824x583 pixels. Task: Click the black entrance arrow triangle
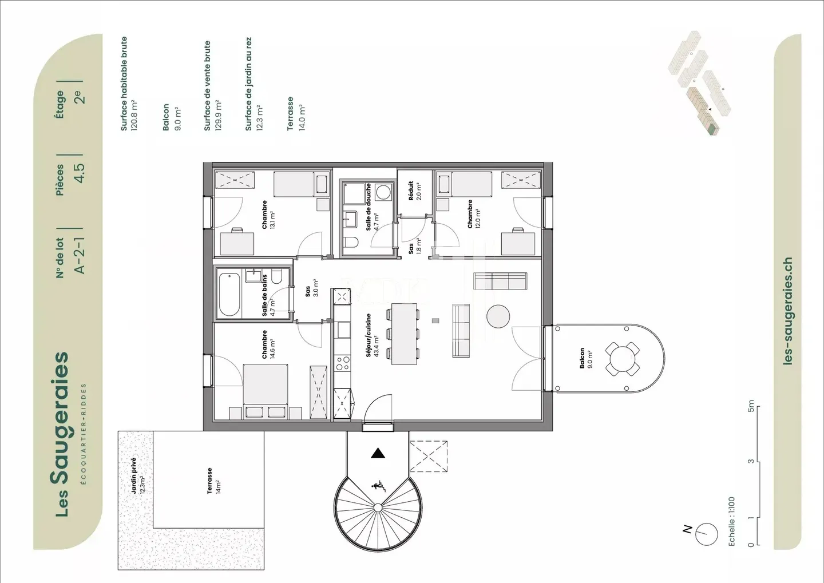pyautogui.click(x=377, y=454)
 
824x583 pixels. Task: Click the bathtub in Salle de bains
pyautogui.click(x=229, y=294)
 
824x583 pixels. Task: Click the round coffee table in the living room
pyautogui.click(x=498, y=316)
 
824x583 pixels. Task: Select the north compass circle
pyautogui.click(x=707, y=532)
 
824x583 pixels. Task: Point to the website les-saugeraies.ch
pyautogui.click(x=788, y=311)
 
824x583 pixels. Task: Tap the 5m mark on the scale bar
pyautogui.click(x=751, y=406)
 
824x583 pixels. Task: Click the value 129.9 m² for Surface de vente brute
pyautogui.click(x=218, y=116)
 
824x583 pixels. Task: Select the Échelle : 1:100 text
pyautogui.click(x=731, y=521)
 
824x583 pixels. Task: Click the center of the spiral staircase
pyautogui.click(x=378, y=507)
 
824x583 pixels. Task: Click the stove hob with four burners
pyautogui.click(x=343, y=363)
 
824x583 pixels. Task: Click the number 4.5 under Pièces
pyautogui.click(x=80, y=173)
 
